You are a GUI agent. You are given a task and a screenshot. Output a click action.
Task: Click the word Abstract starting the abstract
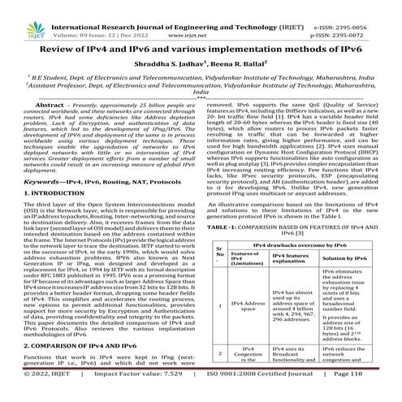point(46,106)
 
